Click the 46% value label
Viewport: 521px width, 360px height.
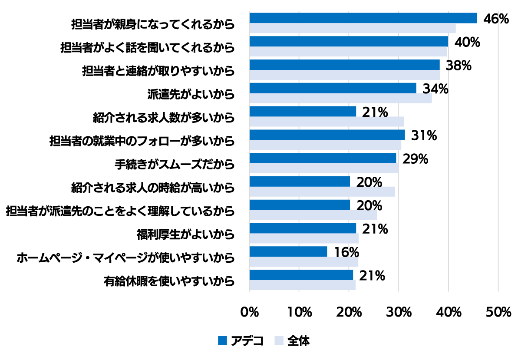(495, 19)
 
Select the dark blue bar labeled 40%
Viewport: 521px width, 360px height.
(349, 41)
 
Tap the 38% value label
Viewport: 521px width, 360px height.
(458, 66)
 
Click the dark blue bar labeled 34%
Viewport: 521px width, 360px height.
(333, 88)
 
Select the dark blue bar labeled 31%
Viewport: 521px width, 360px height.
(327, 135)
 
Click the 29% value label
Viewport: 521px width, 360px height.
(415, 159)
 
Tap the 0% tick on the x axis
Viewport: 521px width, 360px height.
(250, 312)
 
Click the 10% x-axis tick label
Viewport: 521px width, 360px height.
(299, 312)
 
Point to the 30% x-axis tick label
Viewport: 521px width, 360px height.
(399, 312)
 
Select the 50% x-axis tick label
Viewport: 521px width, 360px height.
(498, 312)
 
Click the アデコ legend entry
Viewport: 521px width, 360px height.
(241, 341)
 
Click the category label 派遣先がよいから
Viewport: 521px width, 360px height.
(191, 94)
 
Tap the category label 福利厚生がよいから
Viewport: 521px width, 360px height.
(185, 235)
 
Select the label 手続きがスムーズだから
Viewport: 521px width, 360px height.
(175, 165)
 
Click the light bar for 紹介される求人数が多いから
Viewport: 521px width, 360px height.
(326, 122)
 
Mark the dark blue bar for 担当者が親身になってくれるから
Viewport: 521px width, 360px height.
(363, 18)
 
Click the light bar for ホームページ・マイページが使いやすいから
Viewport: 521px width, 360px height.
(303, 262)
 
